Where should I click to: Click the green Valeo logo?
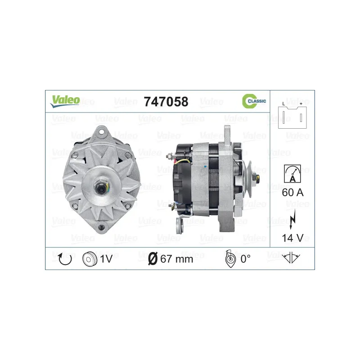(65, 101)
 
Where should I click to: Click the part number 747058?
(166, 102)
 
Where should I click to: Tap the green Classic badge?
(254, 101)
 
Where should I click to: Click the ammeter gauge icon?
(292, 174)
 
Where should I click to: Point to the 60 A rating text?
(292, 193)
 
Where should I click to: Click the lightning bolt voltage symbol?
(292, 219)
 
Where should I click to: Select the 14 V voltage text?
(292, 238)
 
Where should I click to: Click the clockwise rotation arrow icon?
(65, 259)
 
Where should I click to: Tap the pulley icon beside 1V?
(90, 259)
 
